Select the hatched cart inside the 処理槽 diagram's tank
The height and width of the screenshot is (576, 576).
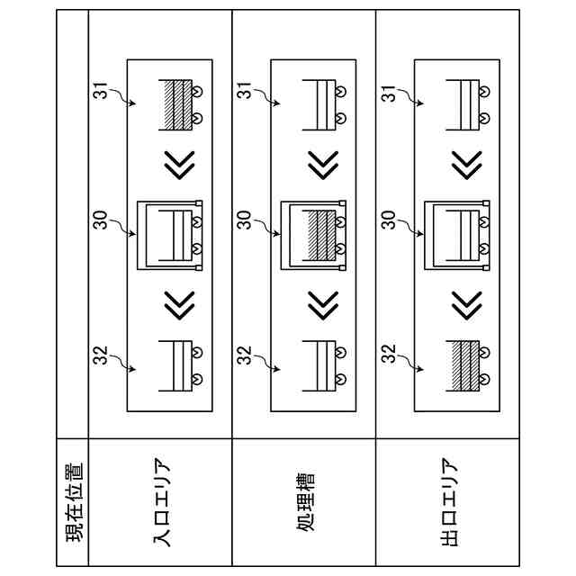click(x=320, y=233)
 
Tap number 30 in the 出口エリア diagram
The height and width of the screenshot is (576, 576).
click(x=389, y=221)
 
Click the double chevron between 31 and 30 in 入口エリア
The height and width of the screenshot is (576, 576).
click(x=178, y=165)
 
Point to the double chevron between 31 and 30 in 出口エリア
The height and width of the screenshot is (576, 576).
click(x=464, y=165)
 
